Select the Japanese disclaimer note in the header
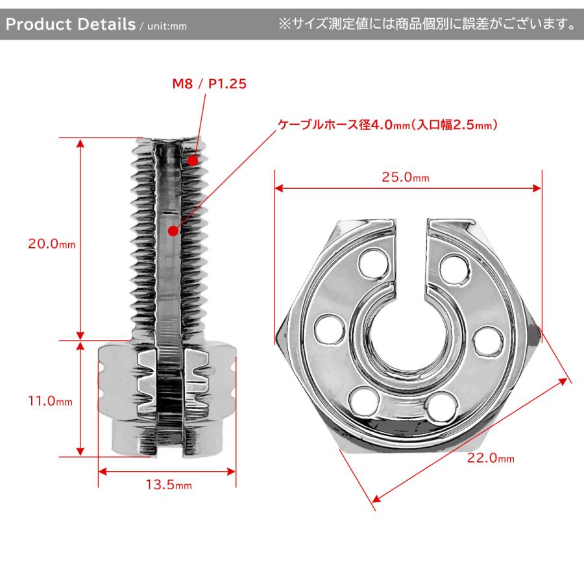point(426,25)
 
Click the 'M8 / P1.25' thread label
point(209,84)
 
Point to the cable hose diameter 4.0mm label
point(387,125)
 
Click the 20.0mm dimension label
point(51,244)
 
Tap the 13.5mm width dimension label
point(167,485)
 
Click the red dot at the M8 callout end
point(193,159)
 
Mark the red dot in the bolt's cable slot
point(173,230)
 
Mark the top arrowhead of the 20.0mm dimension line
point(80,142)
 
